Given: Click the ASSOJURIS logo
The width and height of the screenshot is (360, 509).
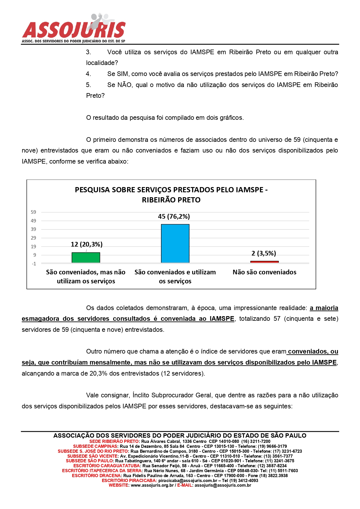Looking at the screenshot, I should (74, 29).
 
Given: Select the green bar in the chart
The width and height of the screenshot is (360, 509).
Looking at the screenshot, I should (86, 258).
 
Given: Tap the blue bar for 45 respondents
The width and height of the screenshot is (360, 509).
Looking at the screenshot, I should (175, 243).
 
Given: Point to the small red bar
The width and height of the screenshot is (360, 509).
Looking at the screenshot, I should (264, 262).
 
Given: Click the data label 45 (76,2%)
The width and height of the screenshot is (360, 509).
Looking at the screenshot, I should (174, 216).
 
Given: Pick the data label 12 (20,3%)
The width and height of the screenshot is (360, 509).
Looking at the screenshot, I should (86, 244).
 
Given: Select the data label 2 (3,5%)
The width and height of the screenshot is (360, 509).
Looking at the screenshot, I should (263, 253).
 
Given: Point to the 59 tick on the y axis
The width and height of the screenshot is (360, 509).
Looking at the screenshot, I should (34, 212).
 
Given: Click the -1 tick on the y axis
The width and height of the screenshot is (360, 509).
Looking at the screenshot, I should (34, 264).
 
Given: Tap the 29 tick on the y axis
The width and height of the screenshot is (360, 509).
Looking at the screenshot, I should (34, 238).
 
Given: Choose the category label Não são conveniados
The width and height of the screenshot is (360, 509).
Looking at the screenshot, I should (264, 272).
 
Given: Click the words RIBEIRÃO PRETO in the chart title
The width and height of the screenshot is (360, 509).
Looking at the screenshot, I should (171, 200).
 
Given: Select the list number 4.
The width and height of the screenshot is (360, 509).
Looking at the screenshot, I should (88, 74).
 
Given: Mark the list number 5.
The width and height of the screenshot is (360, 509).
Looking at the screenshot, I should (88, 85).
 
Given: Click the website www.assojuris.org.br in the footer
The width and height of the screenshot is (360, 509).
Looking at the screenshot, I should (152, 485).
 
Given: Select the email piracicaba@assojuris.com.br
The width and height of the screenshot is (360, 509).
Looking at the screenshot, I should (188, 481).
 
